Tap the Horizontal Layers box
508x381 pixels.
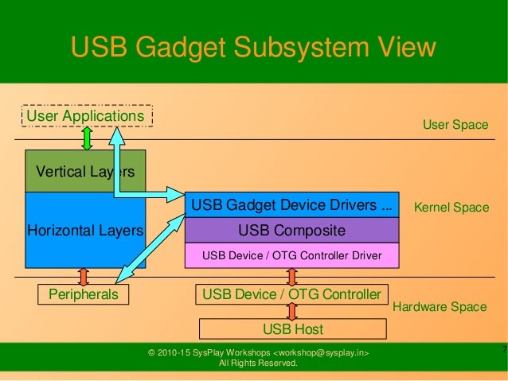click(x=85, y=231)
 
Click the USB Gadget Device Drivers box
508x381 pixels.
click(x=291, y=205)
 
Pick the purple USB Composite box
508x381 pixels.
click(x=291, y=231)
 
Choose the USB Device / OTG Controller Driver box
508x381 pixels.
click(x=291, y=255)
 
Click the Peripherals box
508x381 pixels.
click(x=84, y=294)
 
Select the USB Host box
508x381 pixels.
click(x=292, y=329)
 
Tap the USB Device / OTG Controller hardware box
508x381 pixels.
click(x=292, y=294)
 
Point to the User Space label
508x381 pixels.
click(x=455, y=125)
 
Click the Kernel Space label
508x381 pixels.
click(x=451, y=208)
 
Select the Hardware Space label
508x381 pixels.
click(x=440, y=306)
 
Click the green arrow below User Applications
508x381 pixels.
click(x=87, y=138)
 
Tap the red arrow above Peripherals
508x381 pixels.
click(x=84, y=276)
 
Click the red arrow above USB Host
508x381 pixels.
click(x=292, y=311)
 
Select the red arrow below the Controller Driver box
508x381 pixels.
click(x=292, y=276)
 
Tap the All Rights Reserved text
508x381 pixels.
click(x=258, y=364)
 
